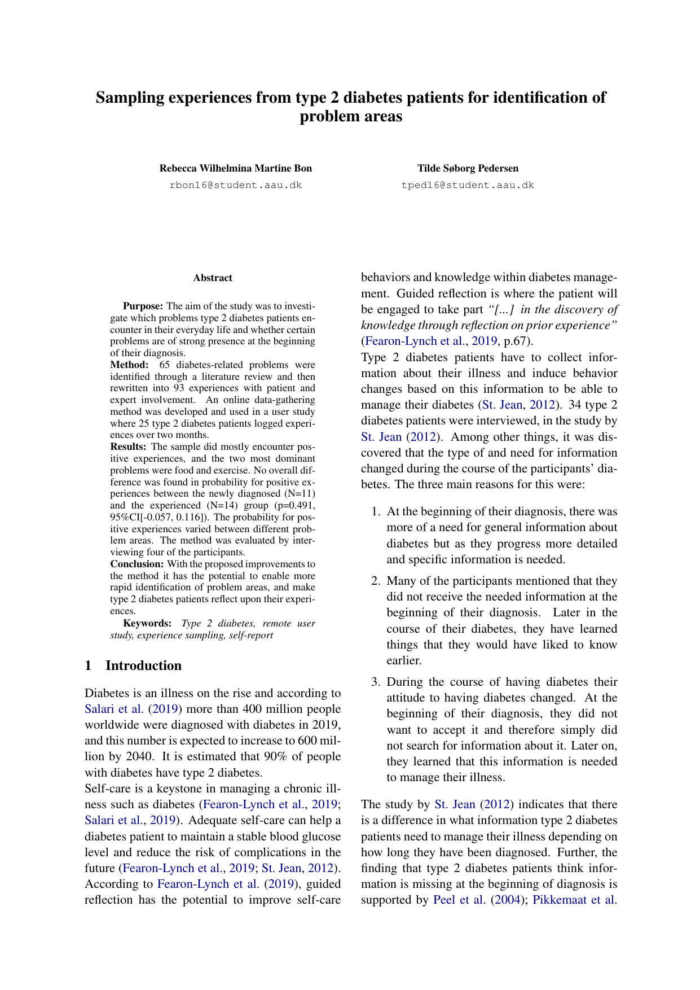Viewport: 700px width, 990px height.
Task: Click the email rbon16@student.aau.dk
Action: (235, 185)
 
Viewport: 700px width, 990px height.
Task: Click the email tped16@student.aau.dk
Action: (468, 185)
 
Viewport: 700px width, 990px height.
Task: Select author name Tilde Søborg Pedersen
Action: (468, 168)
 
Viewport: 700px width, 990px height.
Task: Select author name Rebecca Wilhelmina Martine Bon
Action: (235, 168)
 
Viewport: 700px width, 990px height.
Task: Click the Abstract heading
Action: (213, 278)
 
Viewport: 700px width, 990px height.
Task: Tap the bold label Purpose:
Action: (143, 306)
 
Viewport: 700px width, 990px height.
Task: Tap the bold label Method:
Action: (129, 365)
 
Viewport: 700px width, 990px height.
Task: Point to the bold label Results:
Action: (128, 446)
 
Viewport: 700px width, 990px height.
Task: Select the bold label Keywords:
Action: (147, 623)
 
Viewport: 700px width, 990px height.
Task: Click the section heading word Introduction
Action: (143, 665)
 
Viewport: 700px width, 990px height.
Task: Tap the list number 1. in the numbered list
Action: (376, 511)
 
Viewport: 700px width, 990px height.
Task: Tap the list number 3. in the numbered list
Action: (376, 682)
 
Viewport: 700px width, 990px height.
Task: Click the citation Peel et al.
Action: (459, 900)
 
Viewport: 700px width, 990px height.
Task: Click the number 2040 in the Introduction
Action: (134, 756)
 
